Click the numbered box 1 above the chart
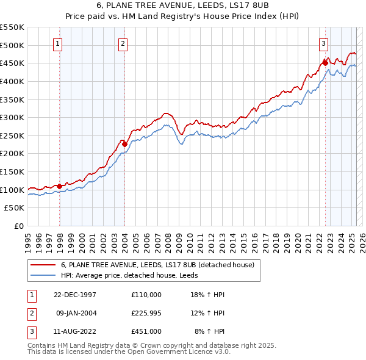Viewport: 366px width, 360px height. (57, 43)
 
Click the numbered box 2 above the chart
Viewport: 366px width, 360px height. (123, 43)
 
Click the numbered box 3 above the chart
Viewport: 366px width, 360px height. (323, 43)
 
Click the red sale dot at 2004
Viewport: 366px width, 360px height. (124, 144)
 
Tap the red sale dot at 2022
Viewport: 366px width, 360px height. (325, 62)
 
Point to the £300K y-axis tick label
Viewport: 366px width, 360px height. (13, 117)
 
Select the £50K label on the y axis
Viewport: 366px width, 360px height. (15, 207)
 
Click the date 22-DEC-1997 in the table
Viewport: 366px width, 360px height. (76, 295)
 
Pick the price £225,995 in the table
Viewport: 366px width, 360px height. (146, 313)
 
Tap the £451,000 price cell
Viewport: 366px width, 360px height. (146, 331)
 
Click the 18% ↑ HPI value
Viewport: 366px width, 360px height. (208, 295)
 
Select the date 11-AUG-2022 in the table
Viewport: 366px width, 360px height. (76, 331)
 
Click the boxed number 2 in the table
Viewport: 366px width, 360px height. (30, 313)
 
